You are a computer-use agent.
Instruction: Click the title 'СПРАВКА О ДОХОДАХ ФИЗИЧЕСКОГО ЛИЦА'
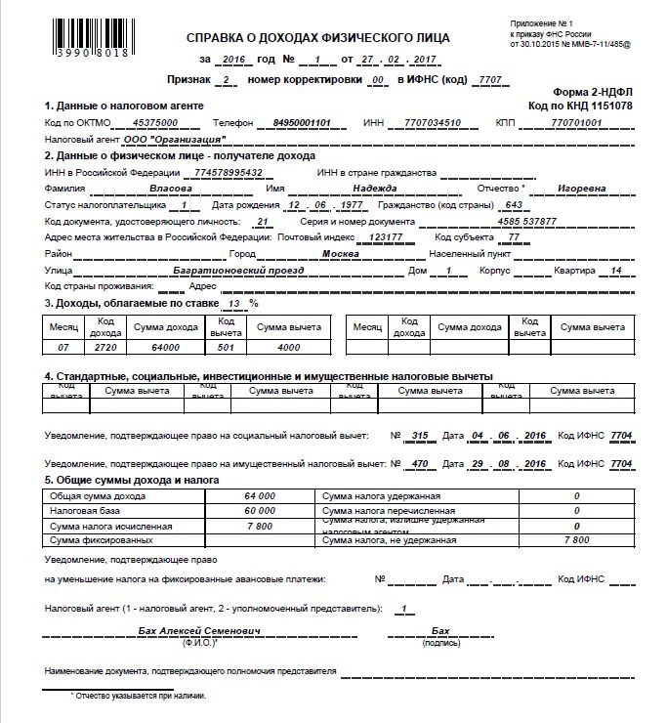point(317,38)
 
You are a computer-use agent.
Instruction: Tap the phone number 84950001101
point(303,122)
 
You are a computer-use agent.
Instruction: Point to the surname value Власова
point(169,189)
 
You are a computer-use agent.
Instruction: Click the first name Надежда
point(373,189)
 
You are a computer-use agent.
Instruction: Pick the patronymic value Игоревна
point(581,189)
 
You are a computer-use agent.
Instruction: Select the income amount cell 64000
point(166,347)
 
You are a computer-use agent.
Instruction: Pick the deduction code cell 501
point(226,347)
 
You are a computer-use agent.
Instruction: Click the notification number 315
point(421,435)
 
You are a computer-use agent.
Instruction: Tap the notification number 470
point(421,462)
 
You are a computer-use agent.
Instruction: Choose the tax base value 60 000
point(260,511)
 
